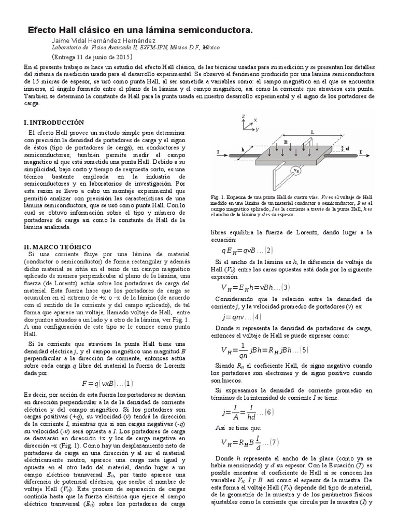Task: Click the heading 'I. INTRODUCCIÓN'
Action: pos(54,123)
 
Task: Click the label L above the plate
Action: pos(312,133)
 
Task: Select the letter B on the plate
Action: pos(286,142)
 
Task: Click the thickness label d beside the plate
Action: pos(347,149)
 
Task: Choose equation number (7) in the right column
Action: pos(274,442)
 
